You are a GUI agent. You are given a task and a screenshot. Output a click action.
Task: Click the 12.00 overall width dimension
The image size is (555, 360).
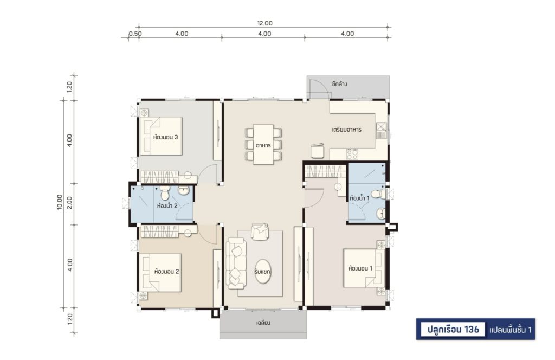[264, 23]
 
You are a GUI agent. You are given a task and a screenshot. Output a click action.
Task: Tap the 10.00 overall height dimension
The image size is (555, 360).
[60, 202]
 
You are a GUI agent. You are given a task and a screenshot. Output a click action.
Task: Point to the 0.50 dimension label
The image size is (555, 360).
[135, 34]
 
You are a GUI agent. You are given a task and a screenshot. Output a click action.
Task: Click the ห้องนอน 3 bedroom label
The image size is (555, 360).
[166, 137]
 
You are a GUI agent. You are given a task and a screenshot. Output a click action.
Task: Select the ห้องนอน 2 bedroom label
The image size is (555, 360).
[166, 272]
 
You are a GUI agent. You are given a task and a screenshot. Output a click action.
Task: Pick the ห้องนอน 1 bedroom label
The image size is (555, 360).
[360, 268]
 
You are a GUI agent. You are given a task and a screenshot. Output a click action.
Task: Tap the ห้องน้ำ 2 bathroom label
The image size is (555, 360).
[167, 205]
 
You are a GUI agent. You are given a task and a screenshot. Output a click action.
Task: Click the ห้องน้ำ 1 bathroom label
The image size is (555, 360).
[359, 198]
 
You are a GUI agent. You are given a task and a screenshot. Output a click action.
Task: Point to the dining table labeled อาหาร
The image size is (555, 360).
[263, 144]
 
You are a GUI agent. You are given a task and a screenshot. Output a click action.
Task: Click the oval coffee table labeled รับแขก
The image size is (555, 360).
[263, 272]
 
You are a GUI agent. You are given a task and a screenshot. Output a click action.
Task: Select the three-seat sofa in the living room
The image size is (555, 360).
[236, 262]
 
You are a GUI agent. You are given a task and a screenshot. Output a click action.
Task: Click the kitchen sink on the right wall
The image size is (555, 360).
[381, 130]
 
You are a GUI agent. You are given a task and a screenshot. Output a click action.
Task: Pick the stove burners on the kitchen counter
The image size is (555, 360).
[352, 154]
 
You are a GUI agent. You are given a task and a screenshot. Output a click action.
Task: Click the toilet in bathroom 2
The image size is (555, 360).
[165, 193]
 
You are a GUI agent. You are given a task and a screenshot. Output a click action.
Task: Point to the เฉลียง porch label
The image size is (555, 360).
[263, 323]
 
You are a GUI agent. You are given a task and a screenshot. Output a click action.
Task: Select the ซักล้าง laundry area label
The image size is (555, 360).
[339, 84]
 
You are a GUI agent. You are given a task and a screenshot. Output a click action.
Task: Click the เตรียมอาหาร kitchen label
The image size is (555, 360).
[346, 130]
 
